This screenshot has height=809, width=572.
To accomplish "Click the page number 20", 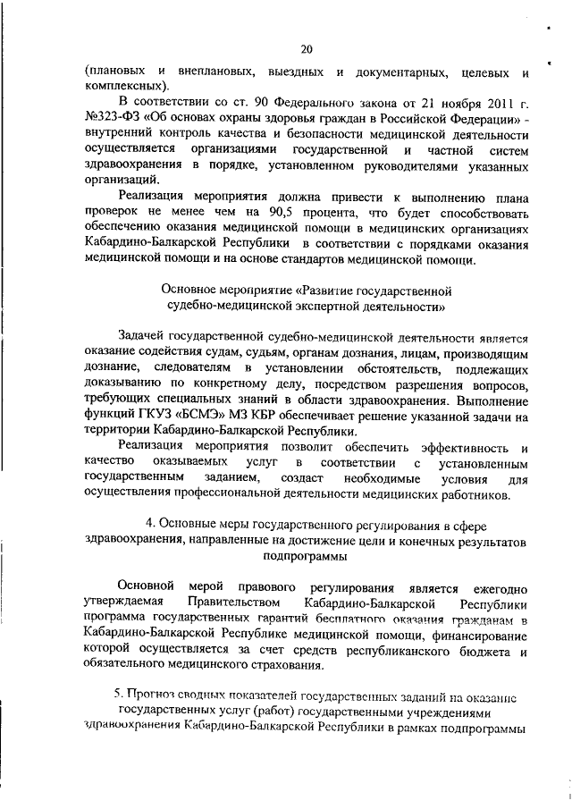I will pos(307,49).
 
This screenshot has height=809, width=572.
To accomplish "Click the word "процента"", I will pos(332,211).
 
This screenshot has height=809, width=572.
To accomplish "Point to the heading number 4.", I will pos(149,524).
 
